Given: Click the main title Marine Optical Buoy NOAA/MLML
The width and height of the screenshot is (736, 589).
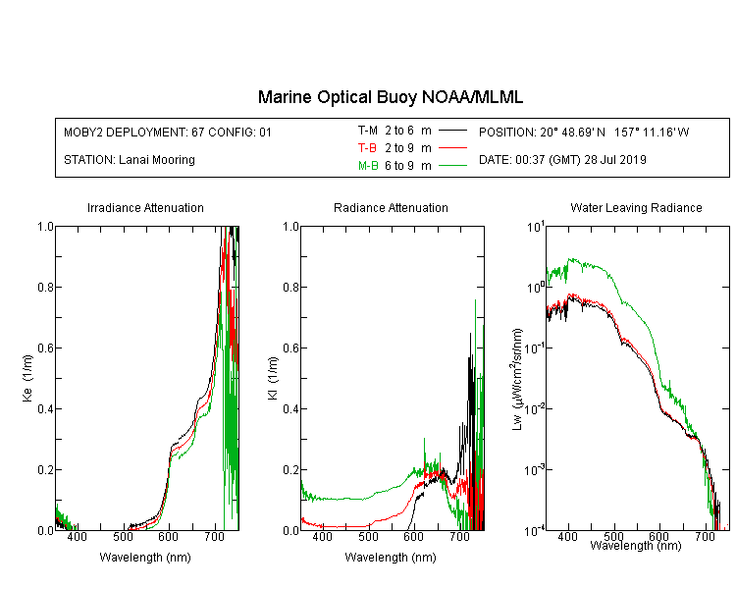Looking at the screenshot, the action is [x=390, y=97].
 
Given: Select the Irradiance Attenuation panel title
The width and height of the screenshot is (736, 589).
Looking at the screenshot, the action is [x=145, y=207].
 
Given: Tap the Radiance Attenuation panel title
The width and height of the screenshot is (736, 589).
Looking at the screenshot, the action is [x=391, y=207].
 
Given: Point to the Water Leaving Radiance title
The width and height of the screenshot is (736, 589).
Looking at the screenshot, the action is [x=636, y=207].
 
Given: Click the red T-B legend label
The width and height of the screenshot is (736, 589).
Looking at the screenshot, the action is [x=367, y=148].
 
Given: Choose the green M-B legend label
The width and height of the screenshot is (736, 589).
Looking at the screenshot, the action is [x=368, y=166].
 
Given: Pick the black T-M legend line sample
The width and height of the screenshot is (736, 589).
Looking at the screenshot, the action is [x=452, y=131].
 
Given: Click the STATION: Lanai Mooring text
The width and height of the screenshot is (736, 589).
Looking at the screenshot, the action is [x=130, y=160].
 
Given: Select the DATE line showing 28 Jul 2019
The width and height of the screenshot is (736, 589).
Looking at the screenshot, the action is [x=562, y=160].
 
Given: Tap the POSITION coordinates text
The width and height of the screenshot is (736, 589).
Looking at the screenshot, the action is [x=584, y=132].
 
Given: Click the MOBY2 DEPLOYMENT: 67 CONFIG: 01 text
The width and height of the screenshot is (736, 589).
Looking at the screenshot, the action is [x=168, y=132].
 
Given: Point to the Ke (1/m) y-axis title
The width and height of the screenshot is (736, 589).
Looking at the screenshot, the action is [x=27, y=378].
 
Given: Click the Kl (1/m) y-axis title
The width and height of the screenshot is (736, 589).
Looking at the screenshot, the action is [x=273, y=378].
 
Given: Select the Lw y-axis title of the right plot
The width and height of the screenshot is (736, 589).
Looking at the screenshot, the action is [x=517, y=379].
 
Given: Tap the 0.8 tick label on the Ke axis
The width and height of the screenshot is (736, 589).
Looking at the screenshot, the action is [x=45, y=287].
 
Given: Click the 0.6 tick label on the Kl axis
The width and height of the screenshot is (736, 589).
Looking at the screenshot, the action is [x=291, y=348].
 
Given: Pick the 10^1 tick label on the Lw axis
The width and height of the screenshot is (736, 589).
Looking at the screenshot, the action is [x=536, y=228].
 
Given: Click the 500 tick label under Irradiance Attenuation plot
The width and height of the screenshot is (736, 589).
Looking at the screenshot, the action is [x=123, y=536].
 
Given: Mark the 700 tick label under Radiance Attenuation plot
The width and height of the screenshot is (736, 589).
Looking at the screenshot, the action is [x=459, y=536].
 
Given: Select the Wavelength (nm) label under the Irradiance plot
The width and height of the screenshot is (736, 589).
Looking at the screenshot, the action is [x=145, y=558].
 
